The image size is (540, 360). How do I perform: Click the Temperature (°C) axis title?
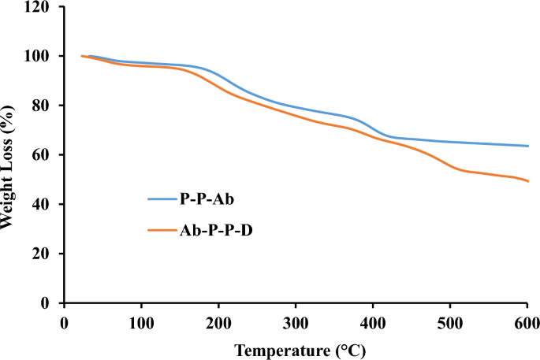pyautogui.click(x=296, y=347)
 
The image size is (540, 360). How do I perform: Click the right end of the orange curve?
pyautogui.click(x=527, y=181)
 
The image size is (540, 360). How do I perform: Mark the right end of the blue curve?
pyautogui.click(x=527, y=146)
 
